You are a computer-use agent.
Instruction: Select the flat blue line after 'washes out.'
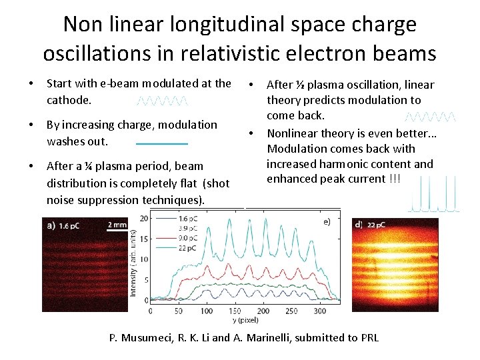click(x=162, y=143)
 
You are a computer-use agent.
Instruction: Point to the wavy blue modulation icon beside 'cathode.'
click(x=163, y=101)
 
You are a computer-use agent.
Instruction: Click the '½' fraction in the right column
click(x=301, y=85)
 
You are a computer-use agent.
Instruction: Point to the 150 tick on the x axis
click(x=235, y=311)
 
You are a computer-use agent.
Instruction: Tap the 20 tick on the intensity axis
click(x=144, y=218)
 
